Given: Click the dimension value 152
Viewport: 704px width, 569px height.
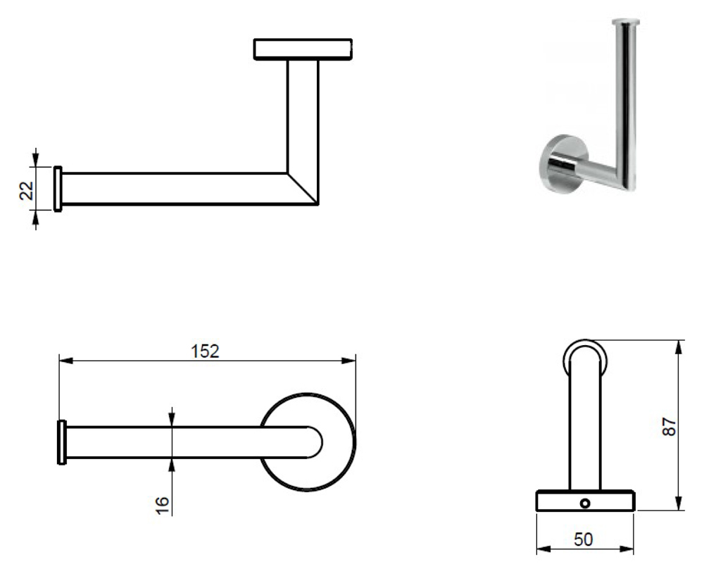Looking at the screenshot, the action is coord(205,351).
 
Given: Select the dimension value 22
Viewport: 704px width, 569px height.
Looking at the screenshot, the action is coord(27,190).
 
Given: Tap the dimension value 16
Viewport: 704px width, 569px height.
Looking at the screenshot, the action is coord(162,505).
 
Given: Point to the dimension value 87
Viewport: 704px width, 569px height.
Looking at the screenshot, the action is coord(669,426).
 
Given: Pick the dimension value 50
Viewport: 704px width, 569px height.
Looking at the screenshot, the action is coord(583,539).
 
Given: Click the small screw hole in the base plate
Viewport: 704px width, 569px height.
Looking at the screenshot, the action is coord(584,504).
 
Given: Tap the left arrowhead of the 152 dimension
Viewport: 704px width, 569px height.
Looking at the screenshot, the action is coord(66,361).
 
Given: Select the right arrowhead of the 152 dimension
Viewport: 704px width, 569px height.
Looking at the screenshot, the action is coord(348,361).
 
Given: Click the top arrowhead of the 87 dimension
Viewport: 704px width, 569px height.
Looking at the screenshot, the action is coord(679,347).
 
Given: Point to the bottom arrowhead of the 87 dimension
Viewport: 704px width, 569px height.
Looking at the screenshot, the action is coord(679,503).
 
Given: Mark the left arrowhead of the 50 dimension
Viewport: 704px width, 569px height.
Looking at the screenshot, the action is coord(543,549).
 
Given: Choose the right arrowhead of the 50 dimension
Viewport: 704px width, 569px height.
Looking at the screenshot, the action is coord(627,549).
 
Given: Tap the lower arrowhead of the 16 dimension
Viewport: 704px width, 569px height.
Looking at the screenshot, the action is coord(172,465).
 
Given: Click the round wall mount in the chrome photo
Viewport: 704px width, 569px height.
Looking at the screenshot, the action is coord(563,164).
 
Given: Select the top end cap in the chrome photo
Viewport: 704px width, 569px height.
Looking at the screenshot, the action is coord(626,21).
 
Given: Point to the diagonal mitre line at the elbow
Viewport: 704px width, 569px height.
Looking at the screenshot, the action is coord(303,188).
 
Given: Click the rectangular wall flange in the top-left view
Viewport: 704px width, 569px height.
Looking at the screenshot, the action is coord(303,49).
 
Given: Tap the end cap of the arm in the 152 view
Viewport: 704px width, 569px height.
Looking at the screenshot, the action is coord(62,442).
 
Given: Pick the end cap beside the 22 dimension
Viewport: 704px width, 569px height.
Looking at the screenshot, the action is coord(58,189).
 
